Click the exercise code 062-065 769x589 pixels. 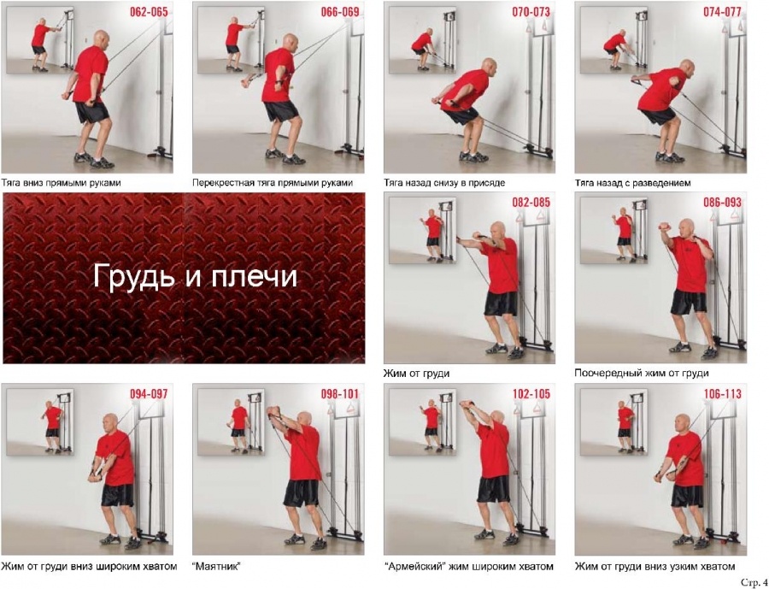pyautogui.click(x=149, y=12)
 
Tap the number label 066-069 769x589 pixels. pyautogui.click(x=340, y=12)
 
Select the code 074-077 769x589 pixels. pyautogui.click(x=722, y=12)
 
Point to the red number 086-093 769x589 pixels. pyautogui.click(x=722, y=203)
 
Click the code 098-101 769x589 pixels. pyautogui.click(x=340, y=393)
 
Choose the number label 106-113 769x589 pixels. pyautogui.click(x=722, y=393)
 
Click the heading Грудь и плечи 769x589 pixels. pyautogui.click(x=195, y=276)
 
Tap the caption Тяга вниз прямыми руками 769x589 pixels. pyautogui.click(x=61, y=183)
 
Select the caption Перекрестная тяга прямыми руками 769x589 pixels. pyautogui.click(x=273, y=183)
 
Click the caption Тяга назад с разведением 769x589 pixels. pyautogui.click(x=632, y=183)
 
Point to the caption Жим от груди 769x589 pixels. pyautogui.click(x=416, y=374)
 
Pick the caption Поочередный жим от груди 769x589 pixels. pyautogui.click(x=642, y=374)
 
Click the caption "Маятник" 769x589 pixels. pyautogui.click(x=217, y=567)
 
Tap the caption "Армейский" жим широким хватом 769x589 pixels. pyautogui.click(x=468, y=567)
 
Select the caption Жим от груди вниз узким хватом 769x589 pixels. pyautogui.click(x=655, y=567)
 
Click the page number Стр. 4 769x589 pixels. pyautogui.click(x=754, y=583)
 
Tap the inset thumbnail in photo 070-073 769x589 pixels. pyautogui.click(x=422, y=40)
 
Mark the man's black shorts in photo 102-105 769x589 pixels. pyautogui.click(x=494, y=489)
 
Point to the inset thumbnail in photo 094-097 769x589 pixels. pyautogui.click(x=39, y=422)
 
